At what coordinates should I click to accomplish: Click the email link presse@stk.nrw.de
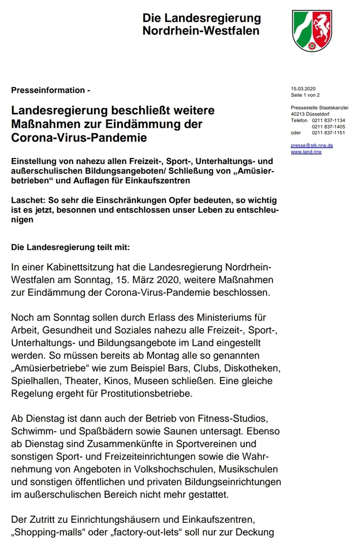point(312,145)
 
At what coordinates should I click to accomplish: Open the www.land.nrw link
point(306,152)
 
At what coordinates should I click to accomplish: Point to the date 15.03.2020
point(303,89)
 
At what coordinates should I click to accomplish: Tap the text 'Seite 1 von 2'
point(305,95)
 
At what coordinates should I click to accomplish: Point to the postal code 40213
point(299,114)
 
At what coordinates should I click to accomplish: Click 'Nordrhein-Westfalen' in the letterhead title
point(201,30)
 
